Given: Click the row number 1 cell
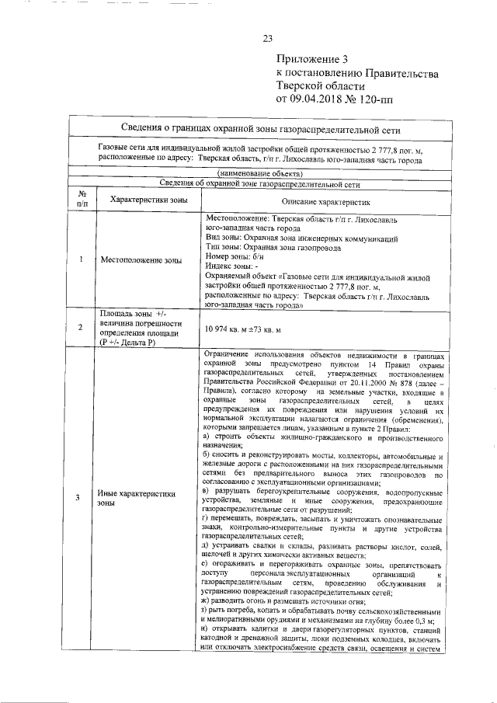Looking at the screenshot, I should click(82, 259).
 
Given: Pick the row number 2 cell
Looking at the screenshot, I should click(82, 328).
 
